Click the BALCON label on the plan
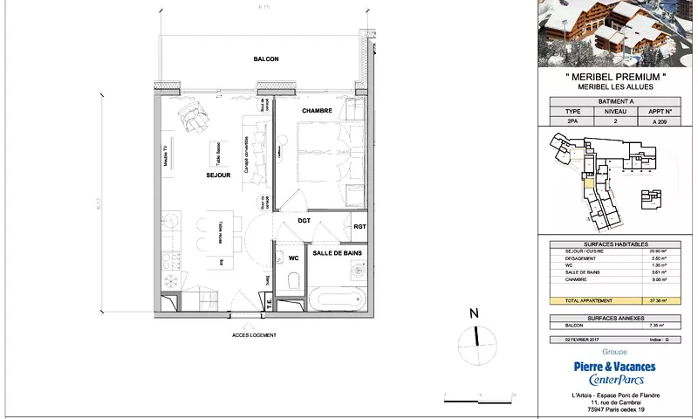(265, 59)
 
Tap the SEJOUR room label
(217, 175)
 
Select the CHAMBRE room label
(318, 112)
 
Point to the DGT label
(304, 221)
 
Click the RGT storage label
(359, 227)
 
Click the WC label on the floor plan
(283, 258)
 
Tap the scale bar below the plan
(480, 398)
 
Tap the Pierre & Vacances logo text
(614, 367)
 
